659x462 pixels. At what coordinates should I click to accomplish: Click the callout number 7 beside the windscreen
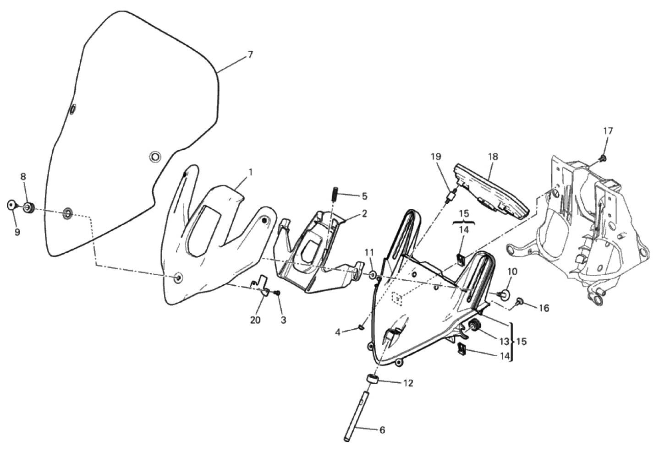point(250,55)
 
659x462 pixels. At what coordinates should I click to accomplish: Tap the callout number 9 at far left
point(17,232)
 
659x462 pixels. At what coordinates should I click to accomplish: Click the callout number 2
point(364,214)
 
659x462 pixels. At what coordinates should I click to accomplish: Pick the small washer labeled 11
point(372,275)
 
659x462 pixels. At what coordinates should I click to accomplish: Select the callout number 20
point(255,320)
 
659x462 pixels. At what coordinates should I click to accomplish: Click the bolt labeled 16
point(520,301)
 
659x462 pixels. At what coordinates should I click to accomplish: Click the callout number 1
point(250,172)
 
